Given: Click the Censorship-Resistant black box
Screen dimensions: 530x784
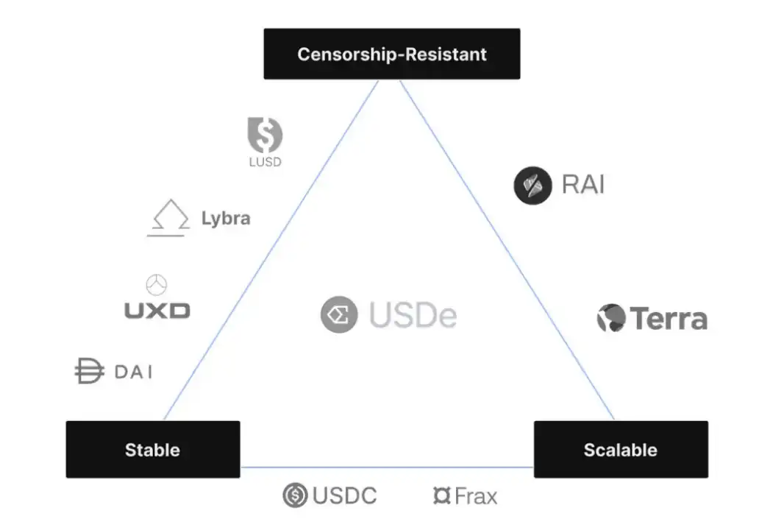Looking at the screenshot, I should tap(391, 54).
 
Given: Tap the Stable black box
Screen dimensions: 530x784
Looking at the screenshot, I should tap(152, 449).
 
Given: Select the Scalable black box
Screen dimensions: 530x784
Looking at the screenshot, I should tap(620, 449).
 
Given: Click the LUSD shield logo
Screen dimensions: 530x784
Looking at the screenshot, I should tap(265, 135).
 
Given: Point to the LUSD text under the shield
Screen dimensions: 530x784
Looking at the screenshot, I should tap(265, 162).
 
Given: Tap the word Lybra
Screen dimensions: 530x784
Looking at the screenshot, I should tap(225, 219).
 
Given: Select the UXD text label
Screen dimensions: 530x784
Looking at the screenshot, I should tap(157, 311).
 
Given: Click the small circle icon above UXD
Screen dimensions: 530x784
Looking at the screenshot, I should tap(157, 285).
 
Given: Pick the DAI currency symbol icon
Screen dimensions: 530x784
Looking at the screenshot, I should tap(89, 371).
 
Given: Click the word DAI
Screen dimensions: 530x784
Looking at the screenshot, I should tap(133, 372).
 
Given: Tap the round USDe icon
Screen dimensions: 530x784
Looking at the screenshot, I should tap(339, 315).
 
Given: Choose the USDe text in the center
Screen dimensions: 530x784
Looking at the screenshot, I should tap(413, 316).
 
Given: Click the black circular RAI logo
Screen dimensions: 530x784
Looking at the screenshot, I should tap(532, 185).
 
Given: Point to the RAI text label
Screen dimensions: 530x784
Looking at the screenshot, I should tap(582, 184).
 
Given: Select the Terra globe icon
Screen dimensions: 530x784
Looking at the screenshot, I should tap(610, 318).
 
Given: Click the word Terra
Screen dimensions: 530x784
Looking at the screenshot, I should tap(669, 319).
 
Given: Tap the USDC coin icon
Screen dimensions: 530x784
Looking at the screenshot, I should tap(295, 495).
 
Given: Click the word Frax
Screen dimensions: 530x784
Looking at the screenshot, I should tap(476, 496).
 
